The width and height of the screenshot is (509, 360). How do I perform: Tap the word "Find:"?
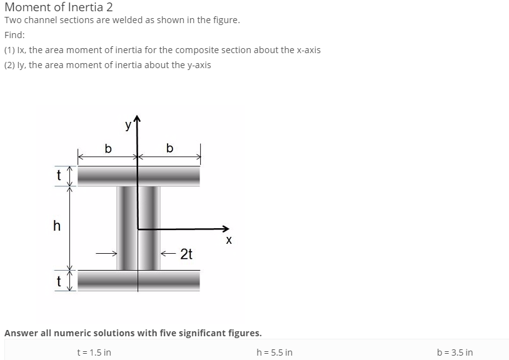[x=14, y=35]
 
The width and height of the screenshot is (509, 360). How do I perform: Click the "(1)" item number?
[x=10, y=50]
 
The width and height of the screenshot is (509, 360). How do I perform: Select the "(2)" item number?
[x=10, y=65]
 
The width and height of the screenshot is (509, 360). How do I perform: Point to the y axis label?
[x=128, y=124]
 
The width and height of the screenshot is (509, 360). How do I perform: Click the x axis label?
[x=228, y=240]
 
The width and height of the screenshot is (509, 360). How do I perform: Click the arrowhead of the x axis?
[x=226, y=229]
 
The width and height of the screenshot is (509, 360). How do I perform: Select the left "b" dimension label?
[x=108, y=149]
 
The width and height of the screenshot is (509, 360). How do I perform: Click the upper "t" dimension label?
[x=58, y=176]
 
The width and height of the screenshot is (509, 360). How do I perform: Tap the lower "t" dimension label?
[x=58, y=281]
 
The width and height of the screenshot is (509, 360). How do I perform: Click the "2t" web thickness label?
[x=186, y=254]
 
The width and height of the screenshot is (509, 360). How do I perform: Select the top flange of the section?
[x=139, y=176]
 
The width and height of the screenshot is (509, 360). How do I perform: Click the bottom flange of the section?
[x=139, y=281]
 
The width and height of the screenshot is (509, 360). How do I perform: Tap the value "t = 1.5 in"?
[x=94, y=352]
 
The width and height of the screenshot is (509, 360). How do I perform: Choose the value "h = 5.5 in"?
[x=275, y=352]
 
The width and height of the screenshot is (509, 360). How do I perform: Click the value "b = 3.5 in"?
[x=455, y=352]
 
